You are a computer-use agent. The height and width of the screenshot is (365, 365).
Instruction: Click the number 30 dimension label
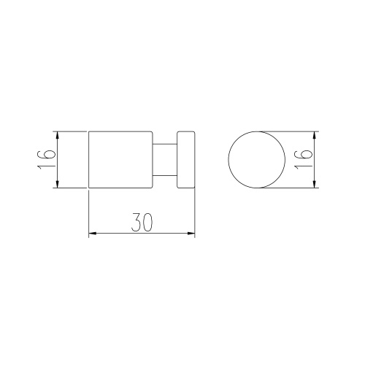click(x=142, y=222)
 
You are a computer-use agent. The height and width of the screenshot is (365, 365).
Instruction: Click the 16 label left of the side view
click(x=46, y=160)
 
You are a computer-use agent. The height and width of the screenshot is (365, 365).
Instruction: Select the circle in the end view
click(x=228, y=160)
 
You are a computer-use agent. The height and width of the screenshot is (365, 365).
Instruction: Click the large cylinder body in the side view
click(x=120, y=160)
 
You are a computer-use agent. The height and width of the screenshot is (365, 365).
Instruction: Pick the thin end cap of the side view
click(x=186, y=160)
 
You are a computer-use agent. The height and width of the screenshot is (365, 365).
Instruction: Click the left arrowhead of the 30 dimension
click(x=92, y=234)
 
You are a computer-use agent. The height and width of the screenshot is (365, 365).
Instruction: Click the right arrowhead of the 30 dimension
click(x=191, y=234)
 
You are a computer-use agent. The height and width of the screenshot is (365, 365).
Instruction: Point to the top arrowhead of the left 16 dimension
click(x=58, y=135)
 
